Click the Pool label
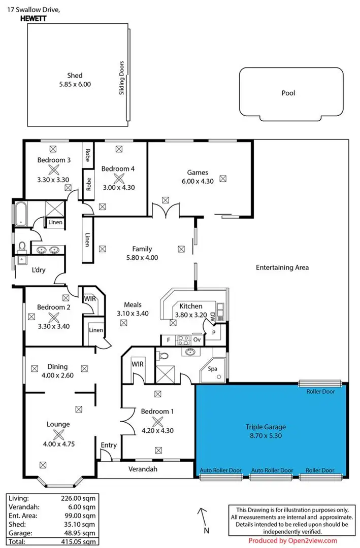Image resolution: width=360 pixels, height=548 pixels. [x=288, y=93]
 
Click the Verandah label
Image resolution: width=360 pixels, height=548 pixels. [x=142, y=469]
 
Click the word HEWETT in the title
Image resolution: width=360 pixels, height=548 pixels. [x=31, y=17]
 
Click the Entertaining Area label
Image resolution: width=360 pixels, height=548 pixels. [x=282, y=267]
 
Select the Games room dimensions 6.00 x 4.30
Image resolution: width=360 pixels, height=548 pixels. [x=198, y=181]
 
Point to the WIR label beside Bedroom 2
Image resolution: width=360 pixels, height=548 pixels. [x=90, y=299]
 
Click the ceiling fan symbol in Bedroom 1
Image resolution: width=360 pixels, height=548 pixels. [x=158, y=422]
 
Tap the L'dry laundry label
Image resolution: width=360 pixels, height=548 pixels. [x=38, y=270]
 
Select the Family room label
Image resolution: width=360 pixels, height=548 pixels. [x=142, y=249]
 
